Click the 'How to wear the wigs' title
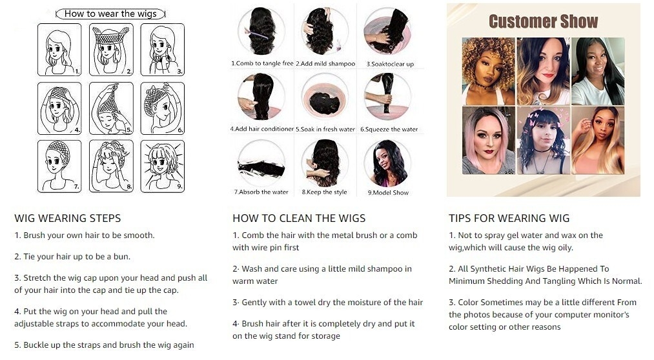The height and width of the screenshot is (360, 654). [x=110, y=14]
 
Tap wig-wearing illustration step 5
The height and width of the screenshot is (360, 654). [x=111, y=108]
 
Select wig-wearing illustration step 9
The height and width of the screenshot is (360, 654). [x=163, y=166]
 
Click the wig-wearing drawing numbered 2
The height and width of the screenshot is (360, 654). [x=111, y=50]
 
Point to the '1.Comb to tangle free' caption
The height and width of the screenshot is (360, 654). [x=262, y=63]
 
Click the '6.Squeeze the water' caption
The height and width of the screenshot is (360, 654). [x=389, y=129]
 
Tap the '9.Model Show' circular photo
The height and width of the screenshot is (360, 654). [x=387, y=163]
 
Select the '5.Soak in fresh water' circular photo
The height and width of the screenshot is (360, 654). [x=325, y=97]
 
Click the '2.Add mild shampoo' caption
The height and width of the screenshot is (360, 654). [x=326, y=64]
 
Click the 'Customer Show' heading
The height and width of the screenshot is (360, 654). [x=543, y=21]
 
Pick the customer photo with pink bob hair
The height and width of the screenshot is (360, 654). [x=489, y=141]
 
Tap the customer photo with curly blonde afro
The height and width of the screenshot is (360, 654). [x=489, y=71]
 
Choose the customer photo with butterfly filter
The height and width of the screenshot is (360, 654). [x=544, y=141]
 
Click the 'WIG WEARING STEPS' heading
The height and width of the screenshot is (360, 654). [x=68, y=218]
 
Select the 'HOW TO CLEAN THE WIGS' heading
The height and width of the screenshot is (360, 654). [x=299, y=218]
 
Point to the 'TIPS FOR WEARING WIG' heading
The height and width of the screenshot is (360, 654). [x=509, y=218]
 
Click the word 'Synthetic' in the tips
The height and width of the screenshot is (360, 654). [x=489, y=269]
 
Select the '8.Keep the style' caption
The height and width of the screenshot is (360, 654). [x=325, y=192]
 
